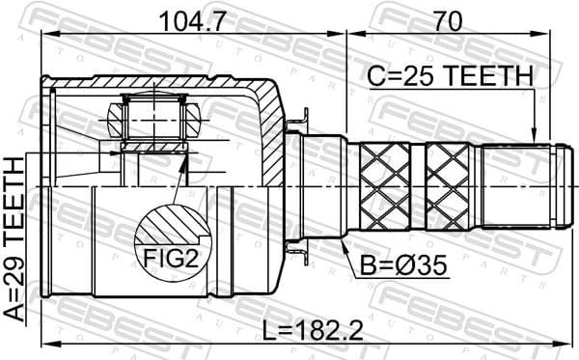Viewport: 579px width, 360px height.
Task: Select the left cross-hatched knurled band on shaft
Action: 385,186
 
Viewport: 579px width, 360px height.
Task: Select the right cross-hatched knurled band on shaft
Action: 452,186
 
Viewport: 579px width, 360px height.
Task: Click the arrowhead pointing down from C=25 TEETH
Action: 533,136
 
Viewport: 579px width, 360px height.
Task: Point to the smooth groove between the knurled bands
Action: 419,186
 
